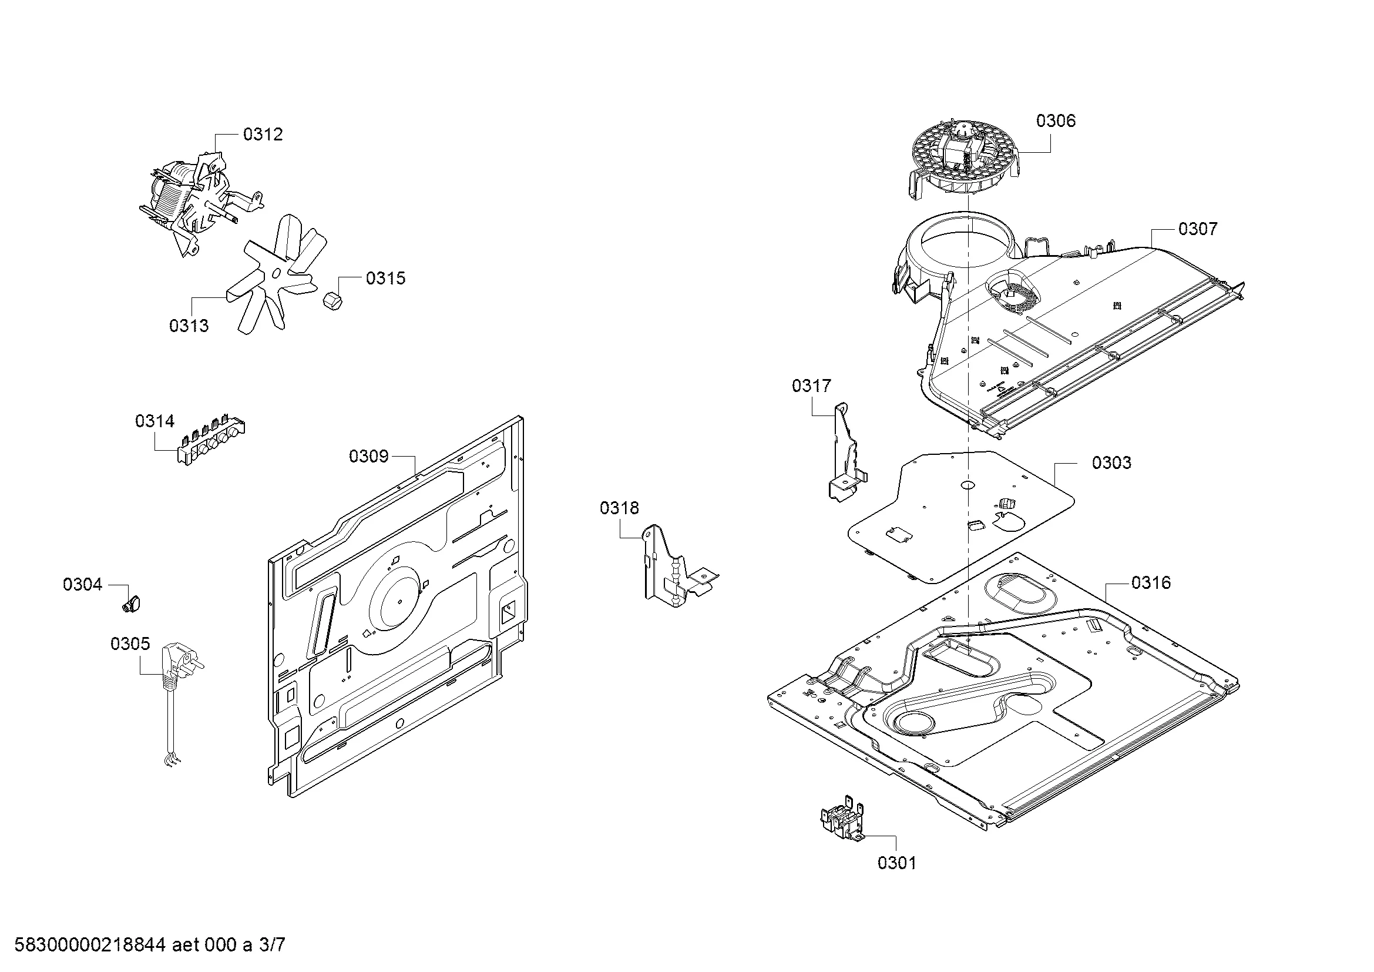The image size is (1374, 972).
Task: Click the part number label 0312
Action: pyautogui.click(x=263, y=135)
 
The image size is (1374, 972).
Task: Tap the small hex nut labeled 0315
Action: pyautogui.click(x=332, y=300)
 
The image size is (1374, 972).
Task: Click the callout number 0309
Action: pyautogui.click(x=369, y=457)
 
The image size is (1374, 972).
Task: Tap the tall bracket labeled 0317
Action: pyautogui.click(x=845, y=455)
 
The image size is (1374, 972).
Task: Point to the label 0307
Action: pyautogui.click(x=1197, y=229)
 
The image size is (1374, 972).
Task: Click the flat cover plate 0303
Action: pyautogui.click(x=958, y=515)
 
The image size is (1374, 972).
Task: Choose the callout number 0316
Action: pyautogui.click(x=1151, y=582)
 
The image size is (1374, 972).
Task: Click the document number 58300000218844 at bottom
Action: pyautogui.click(x=90, y=945)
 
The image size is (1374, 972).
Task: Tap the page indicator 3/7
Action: pyautogui.click(x=272, y=945)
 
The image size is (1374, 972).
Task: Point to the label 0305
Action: pyautogui.click(x=130, y=644)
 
